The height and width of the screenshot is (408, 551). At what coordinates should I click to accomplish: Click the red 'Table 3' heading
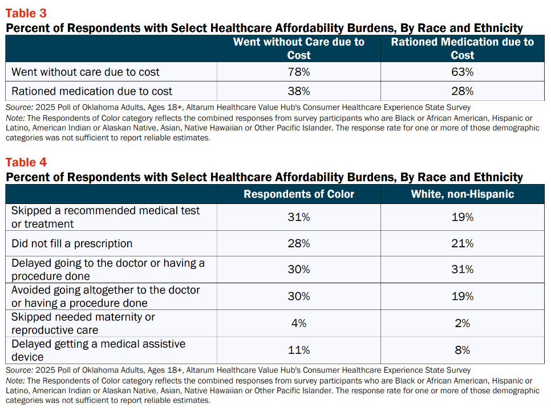[26, 13]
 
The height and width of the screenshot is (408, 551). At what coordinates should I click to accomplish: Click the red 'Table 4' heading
[26, 162]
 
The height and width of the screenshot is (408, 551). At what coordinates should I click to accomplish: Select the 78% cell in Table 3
[299, 72]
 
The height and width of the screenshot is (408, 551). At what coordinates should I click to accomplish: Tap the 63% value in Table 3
[463, 72]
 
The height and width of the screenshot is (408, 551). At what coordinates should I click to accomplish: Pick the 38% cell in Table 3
[299, 91]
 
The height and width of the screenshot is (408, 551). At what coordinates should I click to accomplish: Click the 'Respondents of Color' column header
[299, 194]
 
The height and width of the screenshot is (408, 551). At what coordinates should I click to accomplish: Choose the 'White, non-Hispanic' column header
[463, 194]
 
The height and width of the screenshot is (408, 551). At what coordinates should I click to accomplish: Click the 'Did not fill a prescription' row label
[72, 243]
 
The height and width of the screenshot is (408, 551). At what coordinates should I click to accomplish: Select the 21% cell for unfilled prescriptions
[463, 243]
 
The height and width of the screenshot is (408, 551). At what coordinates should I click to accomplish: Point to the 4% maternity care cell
[299, 323]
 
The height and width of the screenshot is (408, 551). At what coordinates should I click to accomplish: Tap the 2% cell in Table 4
[463, 323]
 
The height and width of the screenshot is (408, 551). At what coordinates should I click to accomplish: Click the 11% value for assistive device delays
[299, 350]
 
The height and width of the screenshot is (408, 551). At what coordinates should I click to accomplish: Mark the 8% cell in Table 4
[463, 350]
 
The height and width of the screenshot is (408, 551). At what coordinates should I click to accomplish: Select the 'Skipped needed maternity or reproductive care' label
[83, 324]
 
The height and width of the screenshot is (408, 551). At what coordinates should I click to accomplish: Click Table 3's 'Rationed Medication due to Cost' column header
[463, 48]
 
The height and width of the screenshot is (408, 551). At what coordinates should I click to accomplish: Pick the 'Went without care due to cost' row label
[86, 72]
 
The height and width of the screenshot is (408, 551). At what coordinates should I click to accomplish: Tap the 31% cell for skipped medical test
[299, 217]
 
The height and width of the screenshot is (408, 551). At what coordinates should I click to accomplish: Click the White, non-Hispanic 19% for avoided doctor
[463, 296]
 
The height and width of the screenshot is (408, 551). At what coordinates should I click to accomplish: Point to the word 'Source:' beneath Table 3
[19, 108]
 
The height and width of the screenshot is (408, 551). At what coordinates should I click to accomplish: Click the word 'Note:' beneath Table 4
[15, 381]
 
